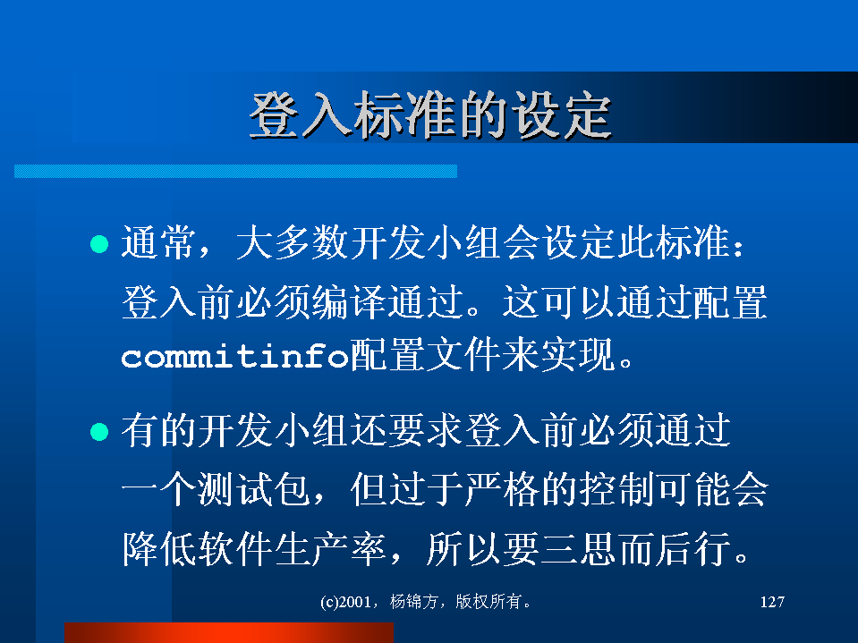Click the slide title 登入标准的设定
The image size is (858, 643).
click(430, 115)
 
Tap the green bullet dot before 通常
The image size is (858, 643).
click(99, 244)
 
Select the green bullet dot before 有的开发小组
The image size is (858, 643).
click(99, 431)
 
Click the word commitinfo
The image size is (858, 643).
click(234, 357)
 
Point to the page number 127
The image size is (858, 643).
click(772, 602)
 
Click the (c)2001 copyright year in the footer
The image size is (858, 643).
click(346, 602)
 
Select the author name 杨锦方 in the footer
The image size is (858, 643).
click(413, 602)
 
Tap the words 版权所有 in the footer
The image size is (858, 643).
click(488, 602)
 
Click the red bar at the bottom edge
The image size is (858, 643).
click(229, 632)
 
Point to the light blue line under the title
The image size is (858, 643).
click(235, 171)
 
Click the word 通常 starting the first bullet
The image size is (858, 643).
click(158, 242)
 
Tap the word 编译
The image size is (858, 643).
click(350, 301)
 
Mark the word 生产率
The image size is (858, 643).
click(331, 548)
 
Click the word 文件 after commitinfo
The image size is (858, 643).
click(464, 355)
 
